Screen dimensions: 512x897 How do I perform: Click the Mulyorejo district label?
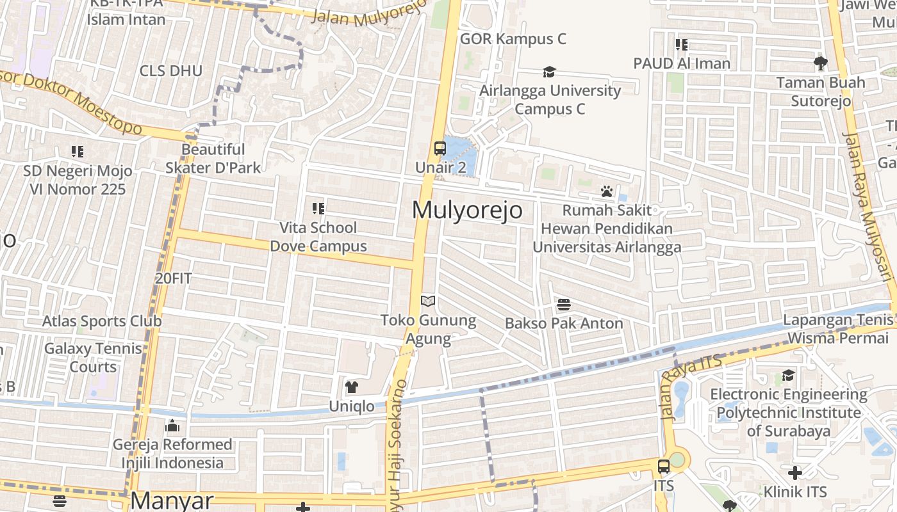[467, 210]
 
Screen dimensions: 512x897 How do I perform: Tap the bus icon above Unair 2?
[440, 148]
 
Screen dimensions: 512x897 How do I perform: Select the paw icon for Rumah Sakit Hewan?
[606, 191]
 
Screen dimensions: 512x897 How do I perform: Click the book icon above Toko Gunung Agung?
[428, 301]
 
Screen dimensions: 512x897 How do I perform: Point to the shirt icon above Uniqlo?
[351, 387]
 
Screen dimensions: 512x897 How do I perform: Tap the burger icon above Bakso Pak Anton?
[564, 304]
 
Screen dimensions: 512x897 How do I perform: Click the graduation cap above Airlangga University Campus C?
[549, 72]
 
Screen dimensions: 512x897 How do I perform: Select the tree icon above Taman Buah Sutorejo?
[820, 63]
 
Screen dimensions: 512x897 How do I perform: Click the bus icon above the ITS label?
[664, 467]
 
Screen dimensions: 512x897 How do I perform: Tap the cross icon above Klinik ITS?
[795, 473]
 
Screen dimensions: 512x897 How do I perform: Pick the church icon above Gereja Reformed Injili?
[172, 426]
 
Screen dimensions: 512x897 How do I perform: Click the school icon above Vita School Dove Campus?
[318, 208]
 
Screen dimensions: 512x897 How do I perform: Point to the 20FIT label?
[173, 278]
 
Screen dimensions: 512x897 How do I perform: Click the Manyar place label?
[172, 500]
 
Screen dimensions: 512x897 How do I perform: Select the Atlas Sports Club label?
[102, 321]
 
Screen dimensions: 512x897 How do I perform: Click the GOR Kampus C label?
[513, 39]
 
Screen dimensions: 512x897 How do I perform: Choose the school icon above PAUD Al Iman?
[682, 45]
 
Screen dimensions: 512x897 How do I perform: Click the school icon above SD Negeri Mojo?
[78, 152]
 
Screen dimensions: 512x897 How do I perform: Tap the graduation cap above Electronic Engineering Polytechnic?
[788, 376]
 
